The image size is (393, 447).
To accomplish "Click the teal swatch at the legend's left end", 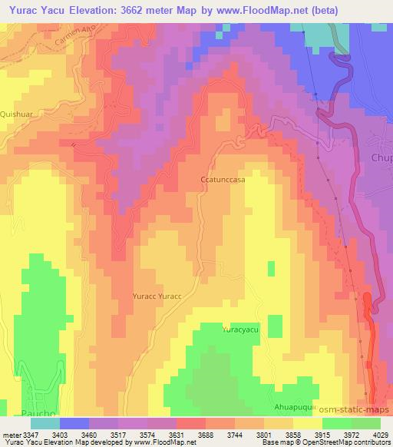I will pos(45,423).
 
